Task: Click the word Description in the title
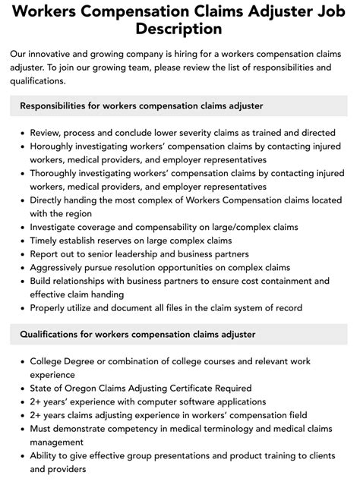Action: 180,29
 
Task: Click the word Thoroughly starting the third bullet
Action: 60,172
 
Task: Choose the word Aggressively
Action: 66,268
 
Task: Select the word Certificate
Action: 195,388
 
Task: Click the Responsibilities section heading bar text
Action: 142,105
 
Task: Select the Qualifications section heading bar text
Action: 137,334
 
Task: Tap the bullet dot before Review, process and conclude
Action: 22,133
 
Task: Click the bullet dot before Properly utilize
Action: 22,309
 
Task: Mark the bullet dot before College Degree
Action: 22,362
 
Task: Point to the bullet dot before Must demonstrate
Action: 22,430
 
